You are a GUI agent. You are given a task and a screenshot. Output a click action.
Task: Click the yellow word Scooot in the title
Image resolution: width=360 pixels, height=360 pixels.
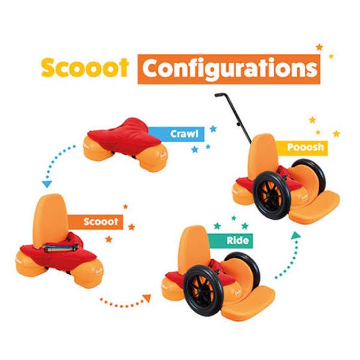point(85,67)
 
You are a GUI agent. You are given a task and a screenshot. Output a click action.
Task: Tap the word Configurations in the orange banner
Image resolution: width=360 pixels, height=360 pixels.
point(230,69)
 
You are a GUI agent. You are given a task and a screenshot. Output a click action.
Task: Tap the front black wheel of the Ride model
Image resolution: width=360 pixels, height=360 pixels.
point(202,290)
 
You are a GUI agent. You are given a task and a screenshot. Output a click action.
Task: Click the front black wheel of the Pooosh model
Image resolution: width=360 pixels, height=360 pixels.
point(272,194)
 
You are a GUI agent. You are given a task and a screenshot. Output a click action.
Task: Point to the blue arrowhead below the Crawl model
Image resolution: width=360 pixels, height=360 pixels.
point(47,184)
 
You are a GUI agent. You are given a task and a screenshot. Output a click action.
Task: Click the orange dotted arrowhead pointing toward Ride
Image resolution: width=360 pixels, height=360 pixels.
point(146,298)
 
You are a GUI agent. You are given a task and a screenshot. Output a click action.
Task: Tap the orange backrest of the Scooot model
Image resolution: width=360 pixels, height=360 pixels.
point(50,220)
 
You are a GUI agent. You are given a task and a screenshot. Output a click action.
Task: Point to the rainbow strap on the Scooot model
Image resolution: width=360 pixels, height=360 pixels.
point(61,248)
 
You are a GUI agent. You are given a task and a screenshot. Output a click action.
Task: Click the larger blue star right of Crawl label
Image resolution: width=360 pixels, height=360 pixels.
point(213,129)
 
